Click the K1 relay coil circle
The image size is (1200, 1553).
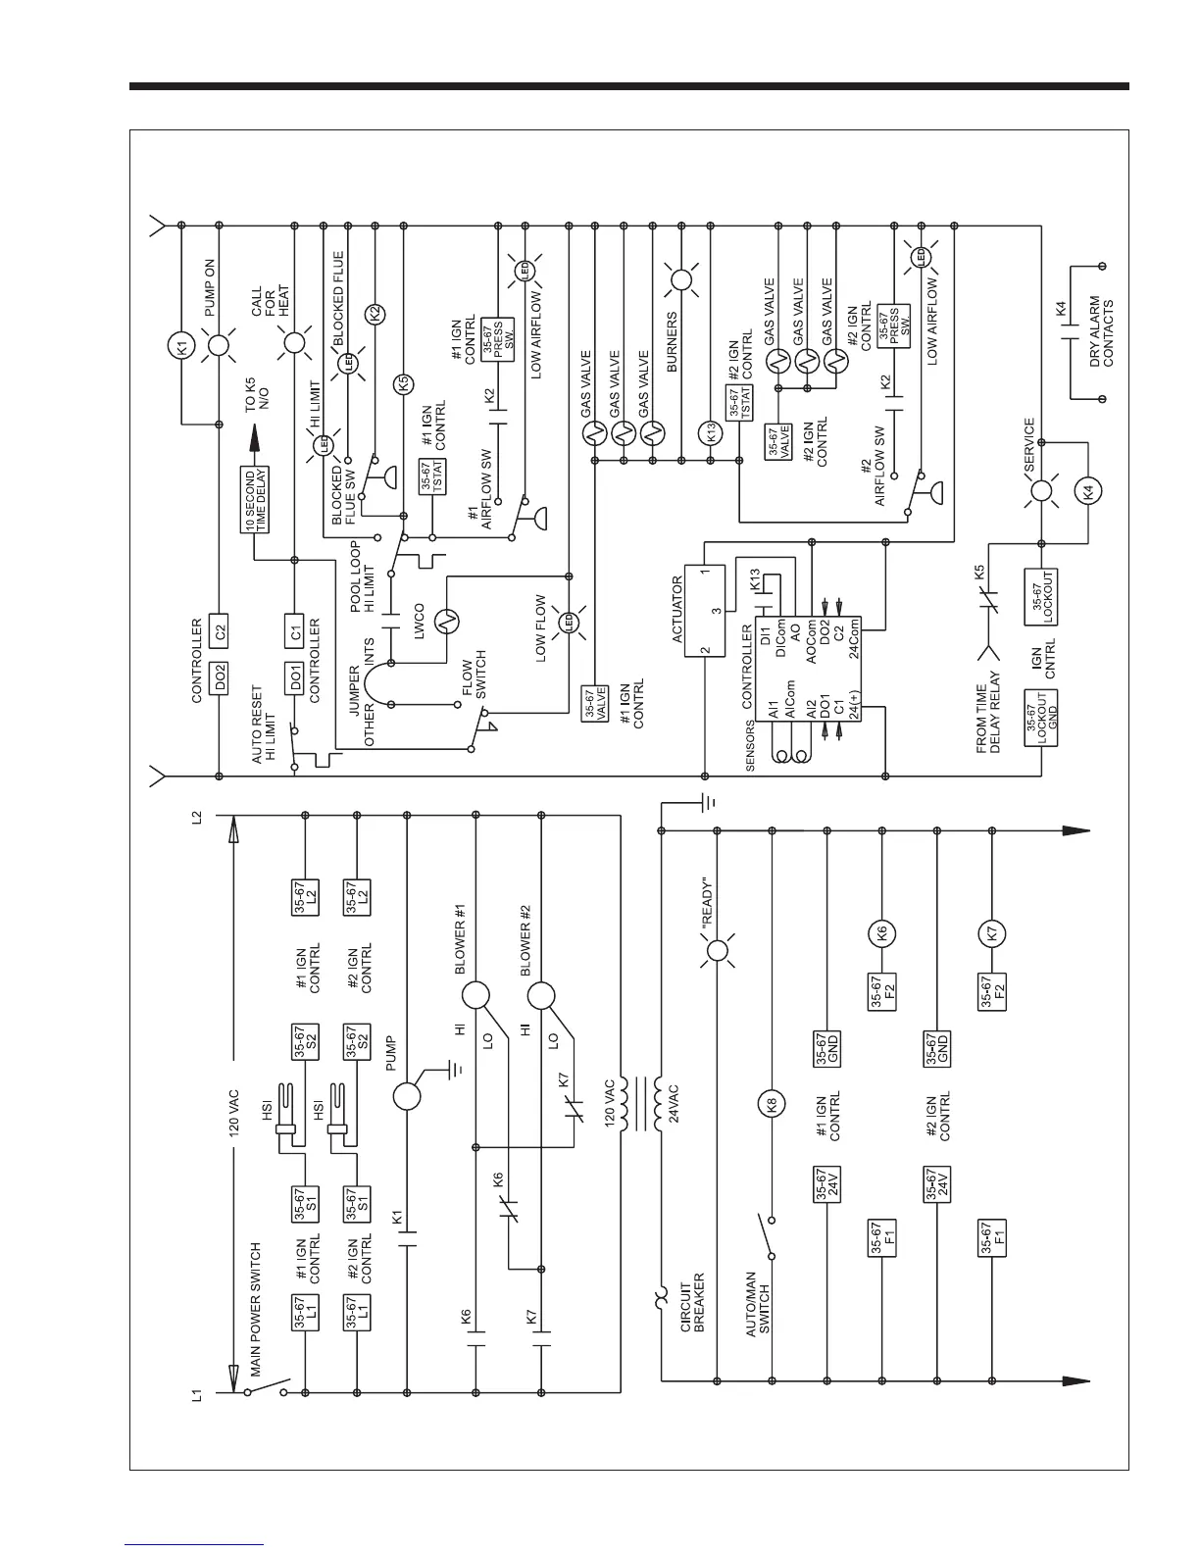click(179, 345)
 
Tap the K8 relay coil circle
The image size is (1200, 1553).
click(773, 1105)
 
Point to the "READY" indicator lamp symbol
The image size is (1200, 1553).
click(718, 951)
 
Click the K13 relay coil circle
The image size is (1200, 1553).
click(713, 431)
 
